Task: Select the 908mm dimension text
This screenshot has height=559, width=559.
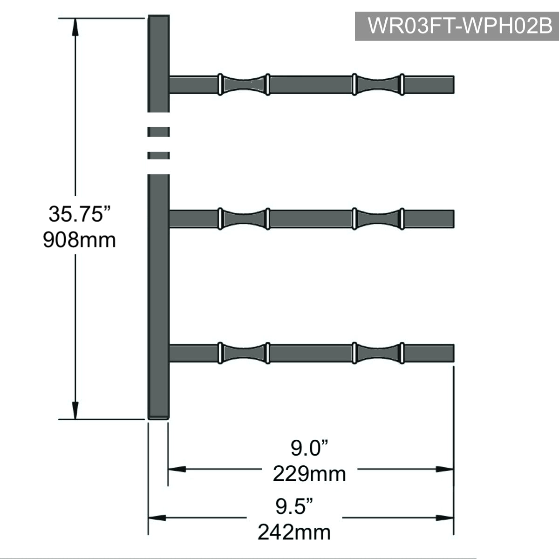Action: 79,240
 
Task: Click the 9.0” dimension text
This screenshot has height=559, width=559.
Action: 310,448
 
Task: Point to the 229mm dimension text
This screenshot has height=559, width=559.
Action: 309,474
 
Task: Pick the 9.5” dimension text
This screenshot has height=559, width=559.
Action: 294,506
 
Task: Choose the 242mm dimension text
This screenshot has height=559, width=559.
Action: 294,532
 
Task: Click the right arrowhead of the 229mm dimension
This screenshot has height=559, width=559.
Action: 444,470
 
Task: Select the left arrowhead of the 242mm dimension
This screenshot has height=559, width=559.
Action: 157,518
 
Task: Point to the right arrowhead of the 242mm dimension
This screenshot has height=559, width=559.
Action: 444,518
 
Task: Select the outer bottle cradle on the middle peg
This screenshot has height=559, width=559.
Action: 378,219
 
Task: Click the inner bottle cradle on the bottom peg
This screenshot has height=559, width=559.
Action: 244,353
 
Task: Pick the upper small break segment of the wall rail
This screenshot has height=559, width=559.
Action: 158,132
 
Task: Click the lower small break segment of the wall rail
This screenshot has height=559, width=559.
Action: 158,156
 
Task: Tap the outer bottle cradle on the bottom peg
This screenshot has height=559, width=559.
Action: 378,353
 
